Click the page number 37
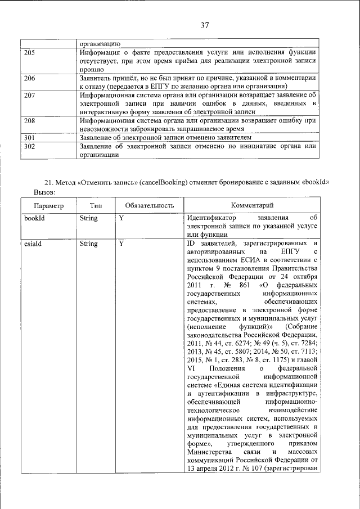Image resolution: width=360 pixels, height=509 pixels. [x=204, y=24]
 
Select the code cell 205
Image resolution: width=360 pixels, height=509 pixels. [x=30, y=52]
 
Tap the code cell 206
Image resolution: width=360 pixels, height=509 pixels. [x=30, y=78]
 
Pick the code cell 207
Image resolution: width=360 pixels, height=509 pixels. [x=30, y=95]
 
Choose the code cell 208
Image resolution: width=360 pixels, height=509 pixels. [x=30, y=120]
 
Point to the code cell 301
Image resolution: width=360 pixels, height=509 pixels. [x=30, y=137]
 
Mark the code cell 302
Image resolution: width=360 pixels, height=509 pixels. [x=30, y=146]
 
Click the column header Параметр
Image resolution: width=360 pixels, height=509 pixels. [x=48, y=206]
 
